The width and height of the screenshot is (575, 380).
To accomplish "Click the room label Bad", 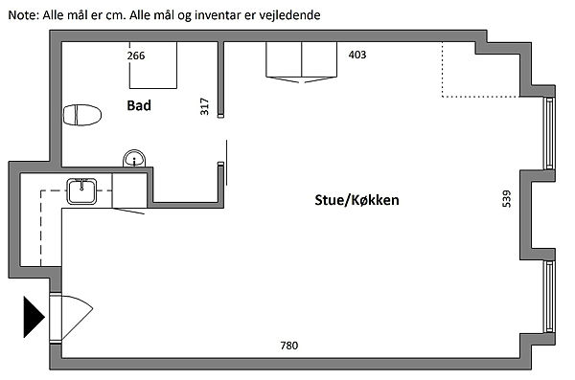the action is click(x=139, y=105).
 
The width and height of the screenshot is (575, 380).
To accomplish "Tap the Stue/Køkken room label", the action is click(x=356, y=200).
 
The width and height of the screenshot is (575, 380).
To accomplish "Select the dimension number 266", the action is click(x=136, y=56).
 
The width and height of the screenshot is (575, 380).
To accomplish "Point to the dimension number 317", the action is click(x=204, y=106).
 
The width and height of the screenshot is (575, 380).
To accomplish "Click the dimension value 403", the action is click(x=357, y=55).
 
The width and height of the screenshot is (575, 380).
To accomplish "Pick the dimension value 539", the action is click(x=506, y=198).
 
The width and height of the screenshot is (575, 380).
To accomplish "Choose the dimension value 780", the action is click(x=289, y=346).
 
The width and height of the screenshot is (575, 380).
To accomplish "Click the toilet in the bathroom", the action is click(x=82, y=115).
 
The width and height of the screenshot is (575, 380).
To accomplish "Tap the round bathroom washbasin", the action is click(x=134, y=159).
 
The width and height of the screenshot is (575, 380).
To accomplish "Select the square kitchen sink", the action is click(x=81, y=191).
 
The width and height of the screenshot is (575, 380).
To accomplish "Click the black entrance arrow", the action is click(x=34, y=317).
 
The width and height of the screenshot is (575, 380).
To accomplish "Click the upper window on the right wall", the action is click(x=549, y=133).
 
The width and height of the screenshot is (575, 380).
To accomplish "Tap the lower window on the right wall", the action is click(x=549, y=297).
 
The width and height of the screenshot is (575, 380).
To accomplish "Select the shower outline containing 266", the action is click(x=153, y=65).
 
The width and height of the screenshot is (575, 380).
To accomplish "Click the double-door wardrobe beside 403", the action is click(x=302, y=61).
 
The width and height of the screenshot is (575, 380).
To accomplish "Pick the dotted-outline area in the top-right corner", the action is click(x=480, y=70).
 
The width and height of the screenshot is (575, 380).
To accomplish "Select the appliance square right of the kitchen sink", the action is click(x=129, y=190).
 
